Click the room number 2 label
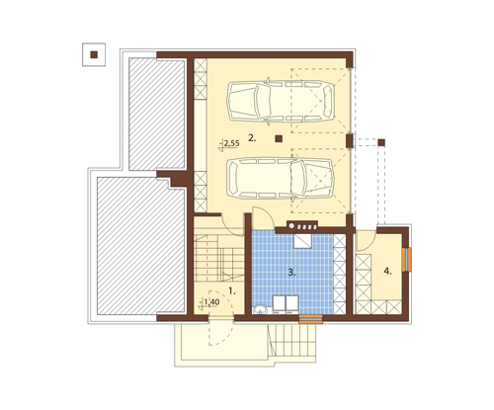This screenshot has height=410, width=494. pyautogui.click(x=252, y=138)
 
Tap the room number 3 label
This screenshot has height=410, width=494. pyautogui.click(x=291, y=273)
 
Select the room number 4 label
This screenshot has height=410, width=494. pyautogui.click(x=387, y=272)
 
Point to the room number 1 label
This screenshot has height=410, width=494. pyautogui.click(x=232, y=290)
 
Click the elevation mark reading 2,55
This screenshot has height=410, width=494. pyautogui.click(x=229, y=144)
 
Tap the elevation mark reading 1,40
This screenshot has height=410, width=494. pyautogui.click(x=209, y=302)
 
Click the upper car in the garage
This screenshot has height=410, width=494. pyautogui.click(x=281, y=101)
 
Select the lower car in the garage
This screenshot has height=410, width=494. pyautogui.click(x=281, y=178)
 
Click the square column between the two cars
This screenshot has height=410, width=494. pyautogui.click(x=279, y=138)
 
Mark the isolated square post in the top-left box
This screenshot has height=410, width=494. pyautogui.click(x=94, y=54)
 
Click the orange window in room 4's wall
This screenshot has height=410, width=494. pyautogui.click(x=407, y=259)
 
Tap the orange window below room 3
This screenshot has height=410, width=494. pyautogui.click(x=310, y=319)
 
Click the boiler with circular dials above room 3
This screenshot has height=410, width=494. pyautogui.click(x=302, y=225)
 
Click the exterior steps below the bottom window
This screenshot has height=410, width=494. pyautogui.click(x=292, y=340)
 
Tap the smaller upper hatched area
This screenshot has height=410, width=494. pyautogui.click(x=156, y=114)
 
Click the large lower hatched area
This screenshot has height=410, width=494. pyautogui.click(x=140, y=246)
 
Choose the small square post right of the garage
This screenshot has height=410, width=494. pyautogui.click(x=381, y=142)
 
